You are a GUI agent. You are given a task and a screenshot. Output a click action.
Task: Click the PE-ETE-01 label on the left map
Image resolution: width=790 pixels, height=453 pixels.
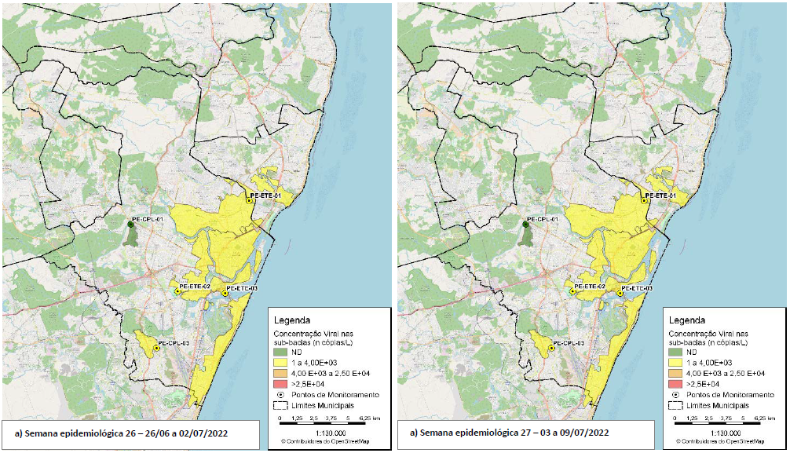[265, 195]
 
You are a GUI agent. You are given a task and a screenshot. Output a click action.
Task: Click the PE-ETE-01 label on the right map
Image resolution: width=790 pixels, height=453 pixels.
[660, 195]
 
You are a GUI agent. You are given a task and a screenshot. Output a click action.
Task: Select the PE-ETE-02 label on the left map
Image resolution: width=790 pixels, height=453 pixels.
[195, 287]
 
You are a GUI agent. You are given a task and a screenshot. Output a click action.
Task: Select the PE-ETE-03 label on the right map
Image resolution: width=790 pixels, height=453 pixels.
[637, 289]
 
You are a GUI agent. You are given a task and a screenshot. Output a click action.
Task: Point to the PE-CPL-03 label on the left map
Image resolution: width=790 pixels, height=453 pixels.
[174, 343]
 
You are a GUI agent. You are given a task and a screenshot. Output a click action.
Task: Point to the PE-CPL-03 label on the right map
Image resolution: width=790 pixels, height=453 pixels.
[569, 343]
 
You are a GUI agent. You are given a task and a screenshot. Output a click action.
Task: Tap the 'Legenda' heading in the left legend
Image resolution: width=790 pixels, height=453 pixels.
[291, 320]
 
